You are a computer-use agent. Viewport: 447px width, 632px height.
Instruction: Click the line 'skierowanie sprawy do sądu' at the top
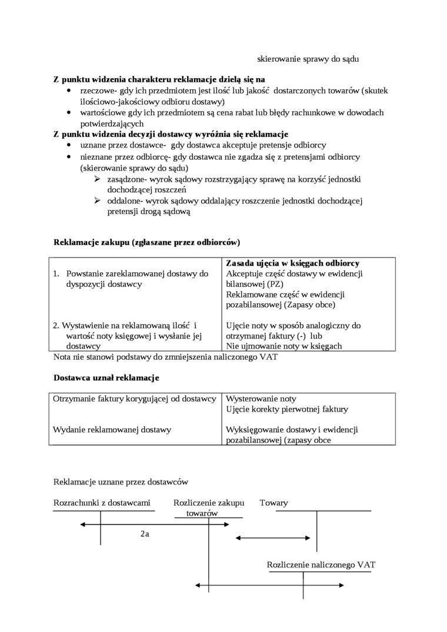pos(308,59)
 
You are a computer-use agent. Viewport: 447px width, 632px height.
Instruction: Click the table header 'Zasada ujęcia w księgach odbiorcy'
pos(292,263)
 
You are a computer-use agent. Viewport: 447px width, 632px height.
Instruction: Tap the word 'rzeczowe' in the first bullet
pos(98,91)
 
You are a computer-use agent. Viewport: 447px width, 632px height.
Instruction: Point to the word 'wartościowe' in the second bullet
pos(102,113)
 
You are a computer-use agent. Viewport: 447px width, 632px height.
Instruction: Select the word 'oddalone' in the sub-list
pos(124,200)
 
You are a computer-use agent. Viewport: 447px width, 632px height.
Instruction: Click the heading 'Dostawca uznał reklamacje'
pos(106,377)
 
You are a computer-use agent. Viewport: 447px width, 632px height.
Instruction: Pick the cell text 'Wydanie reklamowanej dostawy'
pos(112,429)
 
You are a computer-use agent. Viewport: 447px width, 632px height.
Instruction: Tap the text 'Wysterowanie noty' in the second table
pos(261,399)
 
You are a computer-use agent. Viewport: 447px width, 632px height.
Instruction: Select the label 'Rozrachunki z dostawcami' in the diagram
pos(102,503)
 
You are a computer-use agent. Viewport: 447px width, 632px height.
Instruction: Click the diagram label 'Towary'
pos(274,503)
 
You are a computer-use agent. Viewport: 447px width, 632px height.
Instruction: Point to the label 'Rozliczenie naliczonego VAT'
pos(321,565)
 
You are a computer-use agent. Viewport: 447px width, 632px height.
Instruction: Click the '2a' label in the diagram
pos(145,534)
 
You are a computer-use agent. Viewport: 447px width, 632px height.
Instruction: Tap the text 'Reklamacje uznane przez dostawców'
pos(121,481)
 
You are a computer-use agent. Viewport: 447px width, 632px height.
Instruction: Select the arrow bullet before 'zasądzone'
pos(98,179)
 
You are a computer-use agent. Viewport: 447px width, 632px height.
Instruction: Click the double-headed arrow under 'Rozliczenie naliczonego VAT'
pos(269,586)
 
